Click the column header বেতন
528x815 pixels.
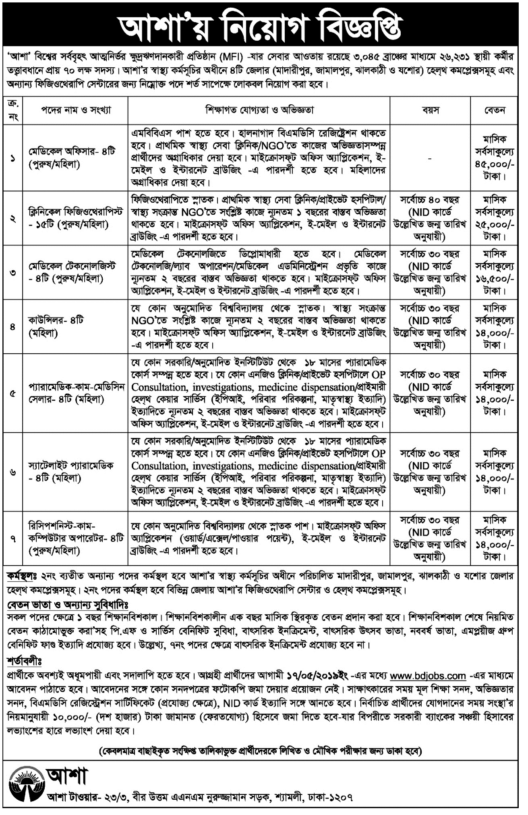pyautogui.click(x=495, y=110)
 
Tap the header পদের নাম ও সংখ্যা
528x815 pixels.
pyautogui.click(x=75, y=110)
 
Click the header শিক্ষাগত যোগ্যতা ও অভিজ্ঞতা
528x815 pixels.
pyautogui.click(x=259, y=110)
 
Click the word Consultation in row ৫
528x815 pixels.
pyautogui.click(x=159, y=388)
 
